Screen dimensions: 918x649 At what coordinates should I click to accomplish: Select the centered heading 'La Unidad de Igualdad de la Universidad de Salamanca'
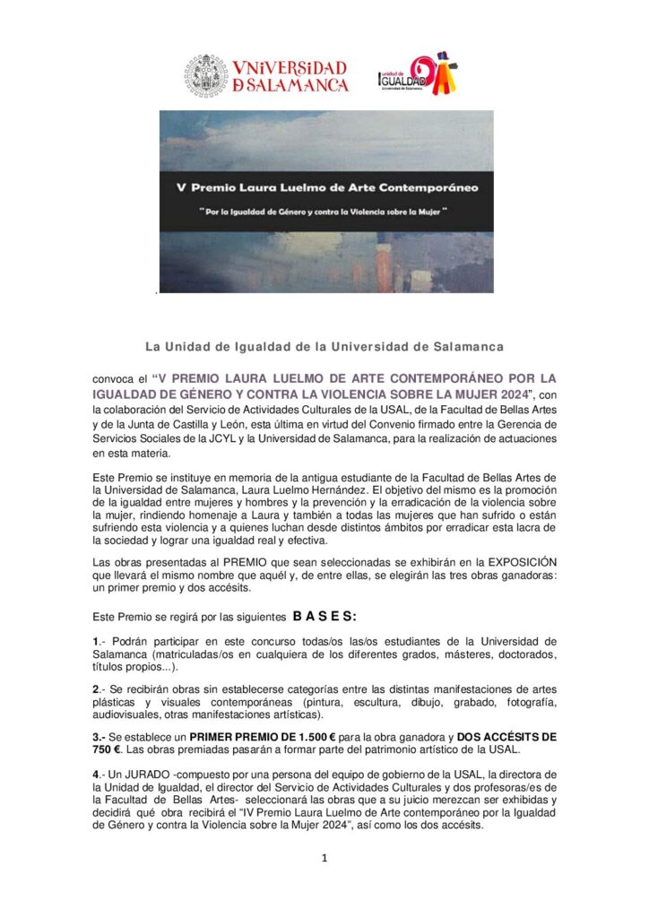324,346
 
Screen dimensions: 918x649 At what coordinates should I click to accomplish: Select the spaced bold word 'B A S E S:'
324,617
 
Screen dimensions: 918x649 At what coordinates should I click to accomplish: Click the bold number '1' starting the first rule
96,641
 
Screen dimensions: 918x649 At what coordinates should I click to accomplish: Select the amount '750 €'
112,749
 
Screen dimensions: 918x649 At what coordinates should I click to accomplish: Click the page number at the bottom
324,858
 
